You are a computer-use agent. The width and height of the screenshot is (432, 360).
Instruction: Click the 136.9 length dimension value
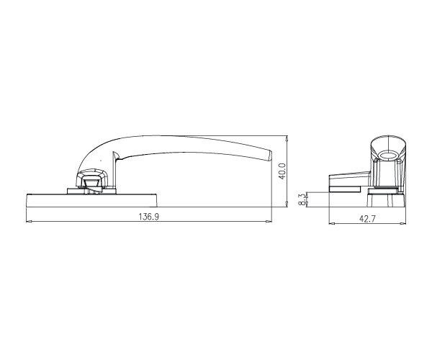click(148, 217)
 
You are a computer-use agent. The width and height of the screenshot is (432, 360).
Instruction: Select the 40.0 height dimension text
click(282, 171)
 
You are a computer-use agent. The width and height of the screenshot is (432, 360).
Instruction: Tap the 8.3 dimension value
click(302, 199)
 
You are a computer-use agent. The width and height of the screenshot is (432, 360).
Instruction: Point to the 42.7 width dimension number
click(367, 219)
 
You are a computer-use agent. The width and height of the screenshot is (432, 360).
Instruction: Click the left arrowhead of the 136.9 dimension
click(29, 221)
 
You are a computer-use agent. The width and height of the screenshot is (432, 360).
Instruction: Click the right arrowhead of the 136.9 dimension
click(269, 221)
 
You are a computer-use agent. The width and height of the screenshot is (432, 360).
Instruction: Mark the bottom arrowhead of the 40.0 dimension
click(287, 204)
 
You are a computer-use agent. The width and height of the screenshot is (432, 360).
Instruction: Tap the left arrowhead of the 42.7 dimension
click(332, 224)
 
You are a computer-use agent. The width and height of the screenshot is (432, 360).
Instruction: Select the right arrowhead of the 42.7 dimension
click(402, 224)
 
